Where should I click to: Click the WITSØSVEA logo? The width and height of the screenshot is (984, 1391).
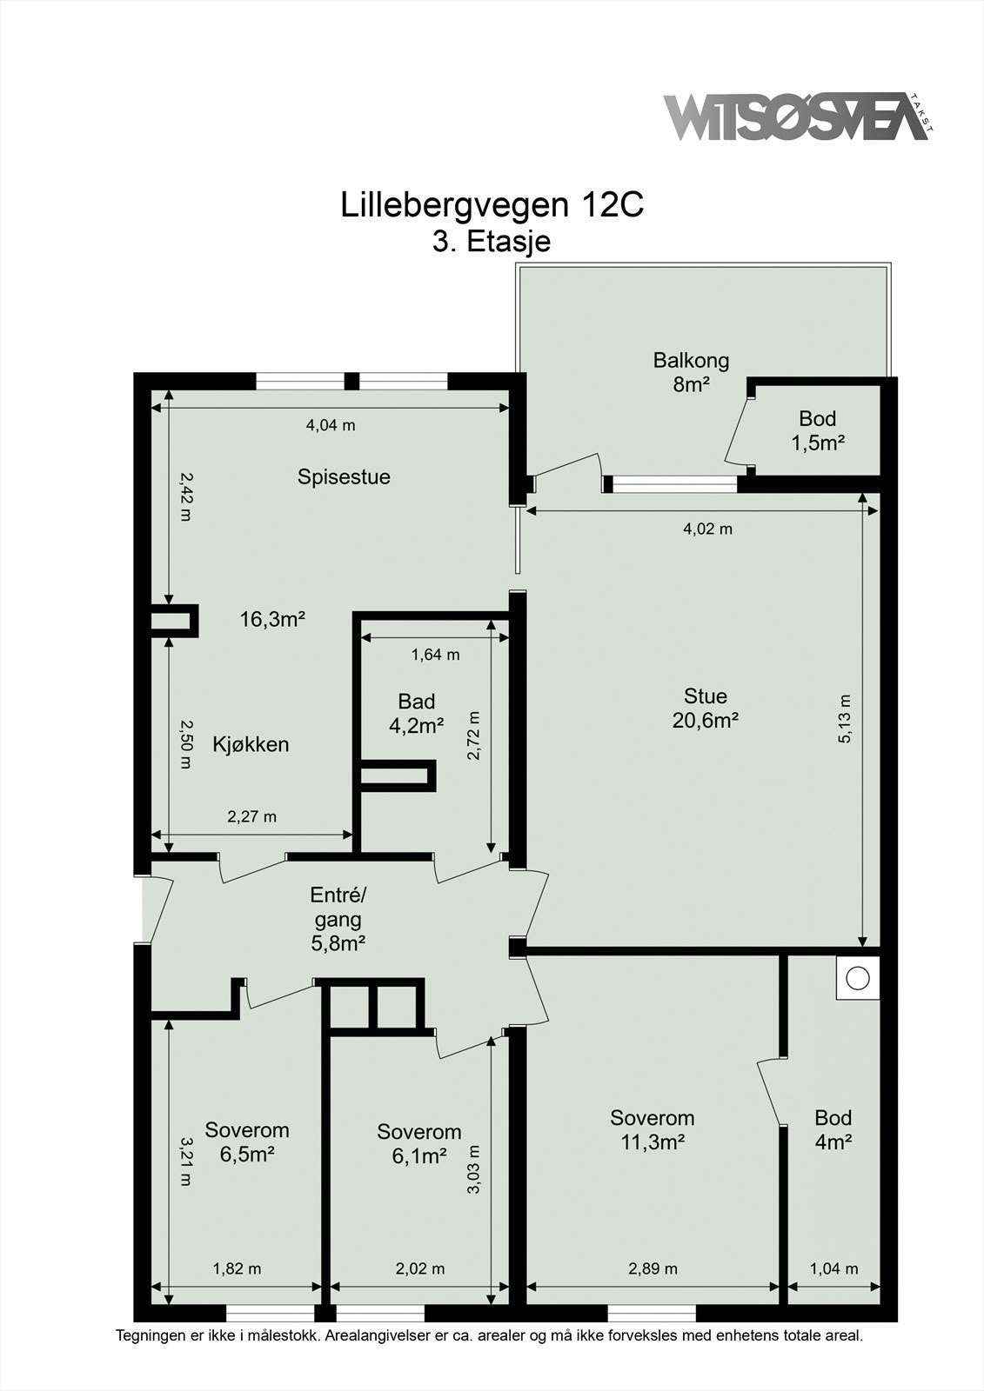point(797,116)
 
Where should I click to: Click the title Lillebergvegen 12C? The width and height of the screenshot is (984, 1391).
point(492,205)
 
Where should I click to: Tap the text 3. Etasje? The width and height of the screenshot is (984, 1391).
point(492,241)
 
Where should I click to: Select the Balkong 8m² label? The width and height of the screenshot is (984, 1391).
point(691,372)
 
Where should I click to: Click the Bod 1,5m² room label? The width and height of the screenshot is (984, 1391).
point(818,431)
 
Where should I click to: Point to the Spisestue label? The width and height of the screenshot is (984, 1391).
point(344,476)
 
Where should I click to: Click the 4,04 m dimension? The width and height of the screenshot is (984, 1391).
point(331,425)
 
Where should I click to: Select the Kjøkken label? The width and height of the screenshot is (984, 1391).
point(251,744)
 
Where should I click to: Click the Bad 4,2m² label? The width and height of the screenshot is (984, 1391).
point(417,713)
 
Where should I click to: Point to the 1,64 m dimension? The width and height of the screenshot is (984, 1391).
point(435,655)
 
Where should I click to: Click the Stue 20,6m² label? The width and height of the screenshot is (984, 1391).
point(705,708)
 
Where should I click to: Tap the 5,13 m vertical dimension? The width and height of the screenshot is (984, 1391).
point(845,718)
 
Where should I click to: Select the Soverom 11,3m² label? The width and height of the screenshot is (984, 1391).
point(652,1129)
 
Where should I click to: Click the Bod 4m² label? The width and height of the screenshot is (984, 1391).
point(833,1129)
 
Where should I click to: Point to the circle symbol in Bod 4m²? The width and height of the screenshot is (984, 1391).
point(858,978)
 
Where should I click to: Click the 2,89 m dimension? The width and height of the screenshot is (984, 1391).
point(653,1268)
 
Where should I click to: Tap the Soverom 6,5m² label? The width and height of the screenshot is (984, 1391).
point(247,1141)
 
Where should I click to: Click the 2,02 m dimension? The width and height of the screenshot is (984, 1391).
point(420,1268)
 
